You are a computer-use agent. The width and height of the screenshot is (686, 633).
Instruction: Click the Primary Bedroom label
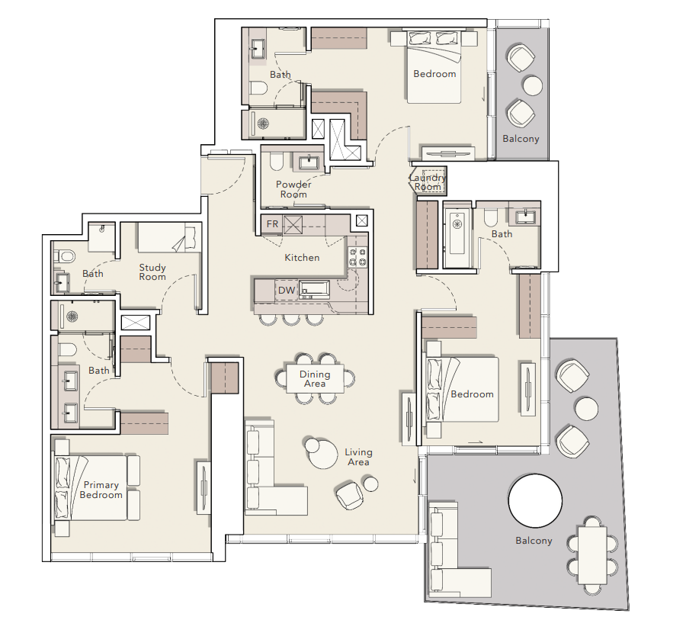101,490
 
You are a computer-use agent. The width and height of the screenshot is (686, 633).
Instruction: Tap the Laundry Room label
428,182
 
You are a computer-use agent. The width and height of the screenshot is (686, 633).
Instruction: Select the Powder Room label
293,189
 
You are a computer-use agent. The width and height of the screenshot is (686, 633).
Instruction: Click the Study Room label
152,272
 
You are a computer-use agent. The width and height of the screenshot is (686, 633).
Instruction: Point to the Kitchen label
302,258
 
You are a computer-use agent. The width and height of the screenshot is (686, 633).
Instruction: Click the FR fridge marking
272,224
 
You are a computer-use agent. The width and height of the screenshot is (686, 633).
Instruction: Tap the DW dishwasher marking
287,291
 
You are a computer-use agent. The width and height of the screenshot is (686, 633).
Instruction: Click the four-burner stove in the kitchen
357,257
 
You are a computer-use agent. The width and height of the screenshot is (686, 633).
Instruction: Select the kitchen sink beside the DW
314,290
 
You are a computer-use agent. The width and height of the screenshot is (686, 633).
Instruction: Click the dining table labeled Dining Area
315,379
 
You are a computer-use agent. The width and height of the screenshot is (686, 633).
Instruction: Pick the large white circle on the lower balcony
535,501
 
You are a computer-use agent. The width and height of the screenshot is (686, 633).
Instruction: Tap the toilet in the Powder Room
277,162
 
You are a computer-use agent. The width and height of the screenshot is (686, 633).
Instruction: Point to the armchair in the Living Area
349,496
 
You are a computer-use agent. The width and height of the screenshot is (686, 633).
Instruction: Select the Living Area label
358,457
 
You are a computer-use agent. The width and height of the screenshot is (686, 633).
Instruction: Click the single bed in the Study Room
166,237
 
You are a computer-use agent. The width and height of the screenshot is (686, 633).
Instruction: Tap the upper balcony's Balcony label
521,139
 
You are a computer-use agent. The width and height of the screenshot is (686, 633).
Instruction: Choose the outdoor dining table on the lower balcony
592,554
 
